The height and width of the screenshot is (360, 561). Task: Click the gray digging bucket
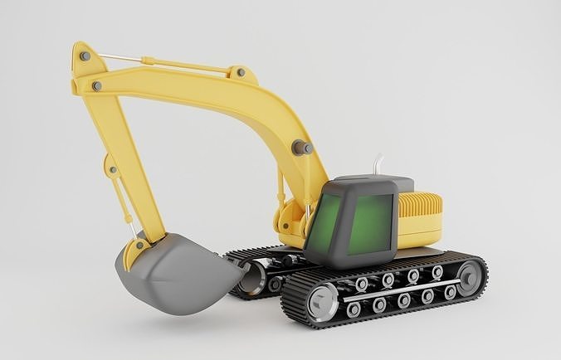pos(175,274)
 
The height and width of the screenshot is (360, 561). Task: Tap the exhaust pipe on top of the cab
pos(379,166)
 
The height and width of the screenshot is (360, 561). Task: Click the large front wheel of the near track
pos(322,301)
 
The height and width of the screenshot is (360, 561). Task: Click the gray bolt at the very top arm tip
pos(85,56)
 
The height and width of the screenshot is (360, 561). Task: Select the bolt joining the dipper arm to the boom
pos(97,85)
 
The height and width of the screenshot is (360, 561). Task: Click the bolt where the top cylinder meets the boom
pos(241,73)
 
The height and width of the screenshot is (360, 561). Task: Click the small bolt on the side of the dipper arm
pos(113,170)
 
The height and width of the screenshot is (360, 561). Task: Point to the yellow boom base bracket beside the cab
pos(290,220)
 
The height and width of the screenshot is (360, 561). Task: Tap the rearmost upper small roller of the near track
pos(437,272)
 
